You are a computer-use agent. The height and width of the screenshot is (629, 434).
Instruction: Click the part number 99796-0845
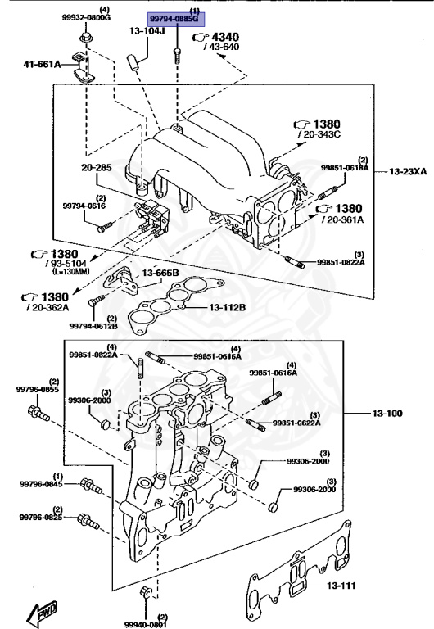(42, 483)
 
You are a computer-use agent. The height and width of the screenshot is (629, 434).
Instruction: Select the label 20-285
(97, 168)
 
